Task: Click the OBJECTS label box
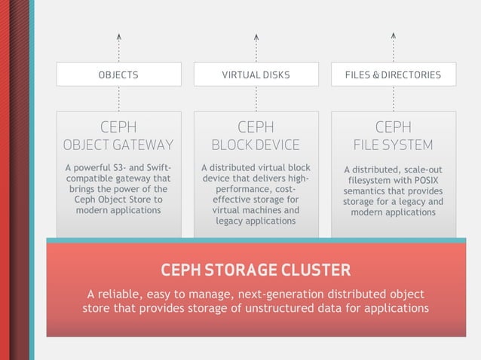pos(118,75)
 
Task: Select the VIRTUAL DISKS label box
pos(256,75)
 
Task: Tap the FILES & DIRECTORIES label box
pos(393,75)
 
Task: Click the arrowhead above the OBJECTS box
pos(119,35)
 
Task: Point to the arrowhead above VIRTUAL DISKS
pos(256,35)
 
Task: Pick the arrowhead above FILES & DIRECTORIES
pos(394,35)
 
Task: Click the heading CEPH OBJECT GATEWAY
pos(118,135)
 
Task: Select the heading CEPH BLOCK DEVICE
pos(256,135)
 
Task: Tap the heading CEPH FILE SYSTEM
pos(393,135)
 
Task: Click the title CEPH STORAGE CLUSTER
pos(256,270)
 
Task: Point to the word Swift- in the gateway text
pos(157,167)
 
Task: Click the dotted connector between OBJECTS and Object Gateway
pos(119,99)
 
